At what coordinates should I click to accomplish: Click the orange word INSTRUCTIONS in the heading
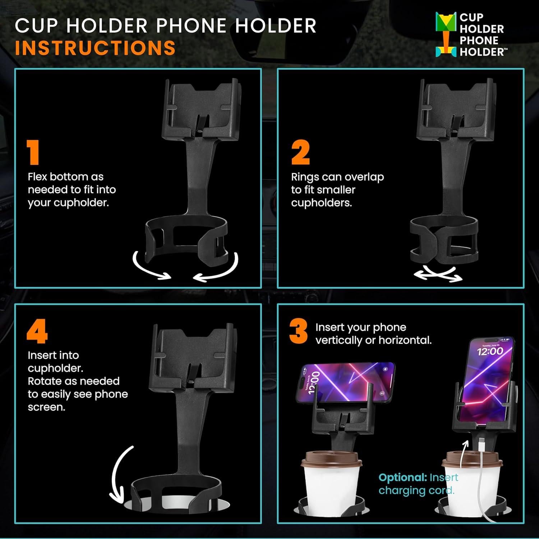coord(95,48)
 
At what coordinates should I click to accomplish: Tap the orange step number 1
coord(33,152)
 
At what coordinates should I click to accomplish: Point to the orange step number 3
coord(298,331)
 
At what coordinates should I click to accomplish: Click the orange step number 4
coord(37,333)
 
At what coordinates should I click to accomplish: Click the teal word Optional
coord(402,478)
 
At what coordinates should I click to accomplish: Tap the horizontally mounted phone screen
coord(345,383)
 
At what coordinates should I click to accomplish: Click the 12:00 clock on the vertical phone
coord(490,351)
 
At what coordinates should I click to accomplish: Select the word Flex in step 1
coord(37,177)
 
